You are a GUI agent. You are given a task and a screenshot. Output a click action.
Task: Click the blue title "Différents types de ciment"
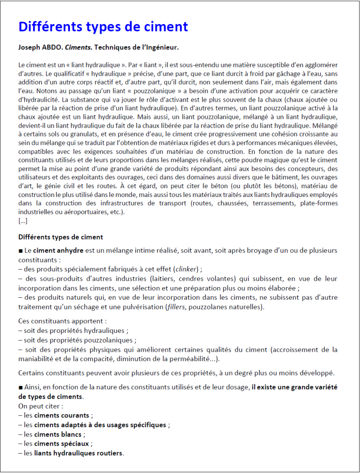103,26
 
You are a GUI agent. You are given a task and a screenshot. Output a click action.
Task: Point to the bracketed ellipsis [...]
23,221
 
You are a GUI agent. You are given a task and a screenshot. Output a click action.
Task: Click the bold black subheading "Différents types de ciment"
61,237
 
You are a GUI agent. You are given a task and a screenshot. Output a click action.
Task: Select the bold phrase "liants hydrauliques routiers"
79,453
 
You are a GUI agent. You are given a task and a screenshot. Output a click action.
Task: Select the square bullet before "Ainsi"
20,387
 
